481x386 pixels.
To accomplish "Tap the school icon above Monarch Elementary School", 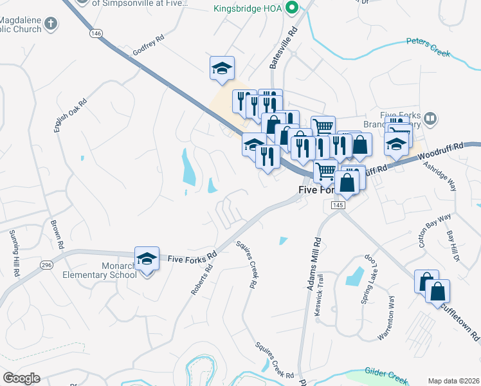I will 147,259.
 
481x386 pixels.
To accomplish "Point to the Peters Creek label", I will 428,48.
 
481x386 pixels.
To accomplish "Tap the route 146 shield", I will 96,33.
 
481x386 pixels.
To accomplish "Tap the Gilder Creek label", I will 386,373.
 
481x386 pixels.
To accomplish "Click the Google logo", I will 21,378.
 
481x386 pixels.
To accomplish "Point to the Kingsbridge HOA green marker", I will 291,9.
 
